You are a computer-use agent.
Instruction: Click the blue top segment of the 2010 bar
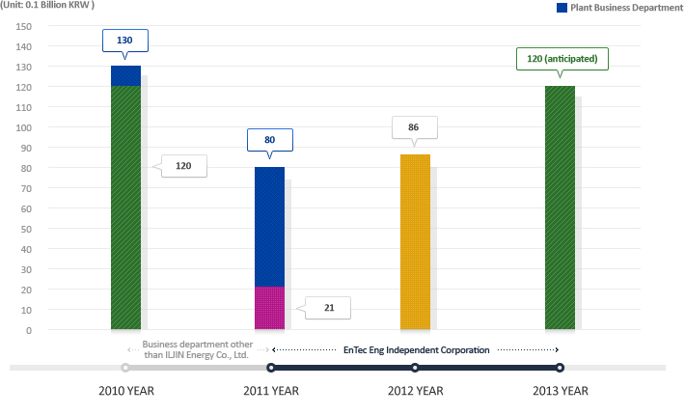[x=125, y=75]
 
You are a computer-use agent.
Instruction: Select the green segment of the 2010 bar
[x=125, y=207]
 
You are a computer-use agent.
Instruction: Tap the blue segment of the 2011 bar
[x=269, y=227]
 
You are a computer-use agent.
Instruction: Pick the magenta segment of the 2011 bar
[x=269, y=308]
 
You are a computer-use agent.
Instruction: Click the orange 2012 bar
[x=415, y=241]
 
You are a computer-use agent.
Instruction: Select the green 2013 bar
[x=560, y=207]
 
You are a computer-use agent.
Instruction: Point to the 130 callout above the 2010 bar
[x=125, y=41]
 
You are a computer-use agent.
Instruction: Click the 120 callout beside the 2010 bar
[x=183, y=166]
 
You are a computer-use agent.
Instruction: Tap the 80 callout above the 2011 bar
[x=270, y=139]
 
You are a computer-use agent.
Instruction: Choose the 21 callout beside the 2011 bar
[x=328, y=308]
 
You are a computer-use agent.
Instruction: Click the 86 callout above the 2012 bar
[x=414, y=127]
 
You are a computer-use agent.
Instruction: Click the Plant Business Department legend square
[x=562, y=7]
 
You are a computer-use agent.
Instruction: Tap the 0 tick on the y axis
[x=29, y=330]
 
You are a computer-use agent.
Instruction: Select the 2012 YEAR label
[x=415, y=391]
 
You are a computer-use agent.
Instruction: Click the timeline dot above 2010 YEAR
[x=125, y=368]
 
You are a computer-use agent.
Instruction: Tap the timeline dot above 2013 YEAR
[x=560, y=368]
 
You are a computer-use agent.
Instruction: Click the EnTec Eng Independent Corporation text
[x=417, y=348]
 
